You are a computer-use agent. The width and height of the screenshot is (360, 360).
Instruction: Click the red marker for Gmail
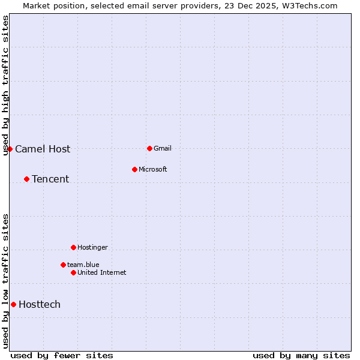tap(149, 148)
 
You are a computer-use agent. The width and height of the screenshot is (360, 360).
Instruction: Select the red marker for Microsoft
tap(134, 169)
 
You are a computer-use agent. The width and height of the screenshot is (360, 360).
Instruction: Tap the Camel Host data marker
tap(10, 149)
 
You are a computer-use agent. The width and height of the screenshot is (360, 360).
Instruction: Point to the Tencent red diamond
tap(26, 179)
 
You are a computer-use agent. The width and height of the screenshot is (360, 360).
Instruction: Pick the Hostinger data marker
tap(73, 247)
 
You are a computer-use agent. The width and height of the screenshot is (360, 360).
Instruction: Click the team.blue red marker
tap(63, 265)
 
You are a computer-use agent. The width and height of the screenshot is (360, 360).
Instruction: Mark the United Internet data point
tap(73, 272)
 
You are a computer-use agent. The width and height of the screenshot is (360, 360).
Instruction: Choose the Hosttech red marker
tap(13, 304)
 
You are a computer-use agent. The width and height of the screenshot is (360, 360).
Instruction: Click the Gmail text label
tap(163, 148)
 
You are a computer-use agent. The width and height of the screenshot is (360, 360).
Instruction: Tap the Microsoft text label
tap(153, 169)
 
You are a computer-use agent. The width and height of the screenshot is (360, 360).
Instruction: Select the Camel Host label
tap(43, 149)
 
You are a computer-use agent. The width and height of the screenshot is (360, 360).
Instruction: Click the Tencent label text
tap(50, 179)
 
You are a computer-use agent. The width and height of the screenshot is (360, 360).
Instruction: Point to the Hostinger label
tap(93, 247)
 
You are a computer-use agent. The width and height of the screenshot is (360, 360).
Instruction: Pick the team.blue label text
tap(83, 265)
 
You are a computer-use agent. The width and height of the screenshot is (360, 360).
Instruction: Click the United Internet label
tap(102, 272)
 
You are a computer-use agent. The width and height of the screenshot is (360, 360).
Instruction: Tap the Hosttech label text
tap(40, 305)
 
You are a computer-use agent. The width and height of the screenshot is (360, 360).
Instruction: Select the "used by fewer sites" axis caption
tap(62, 356)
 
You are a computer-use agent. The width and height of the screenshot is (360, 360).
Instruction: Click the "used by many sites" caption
tap(301, 356)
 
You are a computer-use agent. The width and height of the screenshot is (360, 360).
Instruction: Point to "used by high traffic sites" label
tap(5, 85)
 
